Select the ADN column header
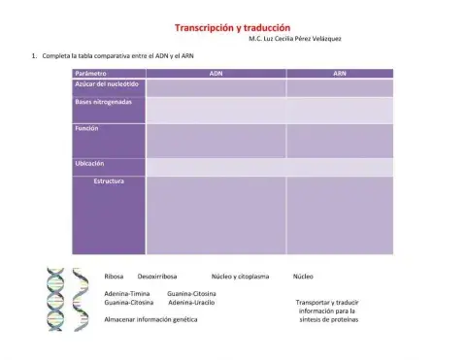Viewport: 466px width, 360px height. tap(216, 73)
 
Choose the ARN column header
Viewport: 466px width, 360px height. tap(339, 73)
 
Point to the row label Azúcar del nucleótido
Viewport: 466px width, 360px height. tap(107, 84)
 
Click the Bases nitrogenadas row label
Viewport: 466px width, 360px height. tap(104, 101)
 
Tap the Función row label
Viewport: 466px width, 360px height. tap(86, 128)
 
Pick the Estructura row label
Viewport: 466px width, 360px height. tap(108, 180)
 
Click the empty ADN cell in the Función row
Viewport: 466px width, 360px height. tap(216, 141)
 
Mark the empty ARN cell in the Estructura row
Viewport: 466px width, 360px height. tap(339, 214)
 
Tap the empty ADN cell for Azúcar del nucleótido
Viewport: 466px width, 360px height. tap(216, 87)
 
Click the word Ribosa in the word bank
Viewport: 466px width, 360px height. tap(114, 277)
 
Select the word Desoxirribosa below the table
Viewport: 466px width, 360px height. tap(157, 277)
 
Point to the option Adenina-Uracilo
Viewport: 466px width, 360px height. tap(191, 302)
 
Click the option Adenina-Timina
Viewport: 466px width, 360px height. tap(126, 292)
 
